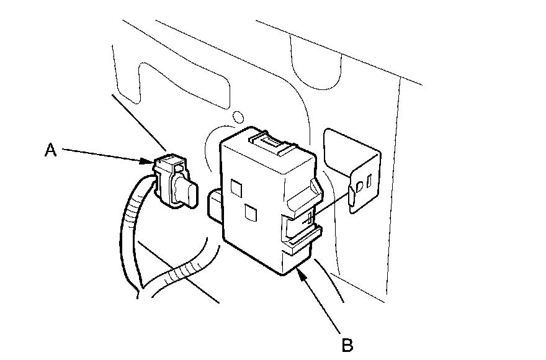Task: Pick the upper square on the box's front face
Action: click(x=236, y=186)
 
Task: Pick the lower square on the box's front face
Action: click(x=251, y=213)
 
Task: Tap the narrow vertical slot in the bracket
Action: click(x=369, y=182)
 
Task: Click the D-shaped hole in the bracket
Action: click(x=360, y=184)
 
